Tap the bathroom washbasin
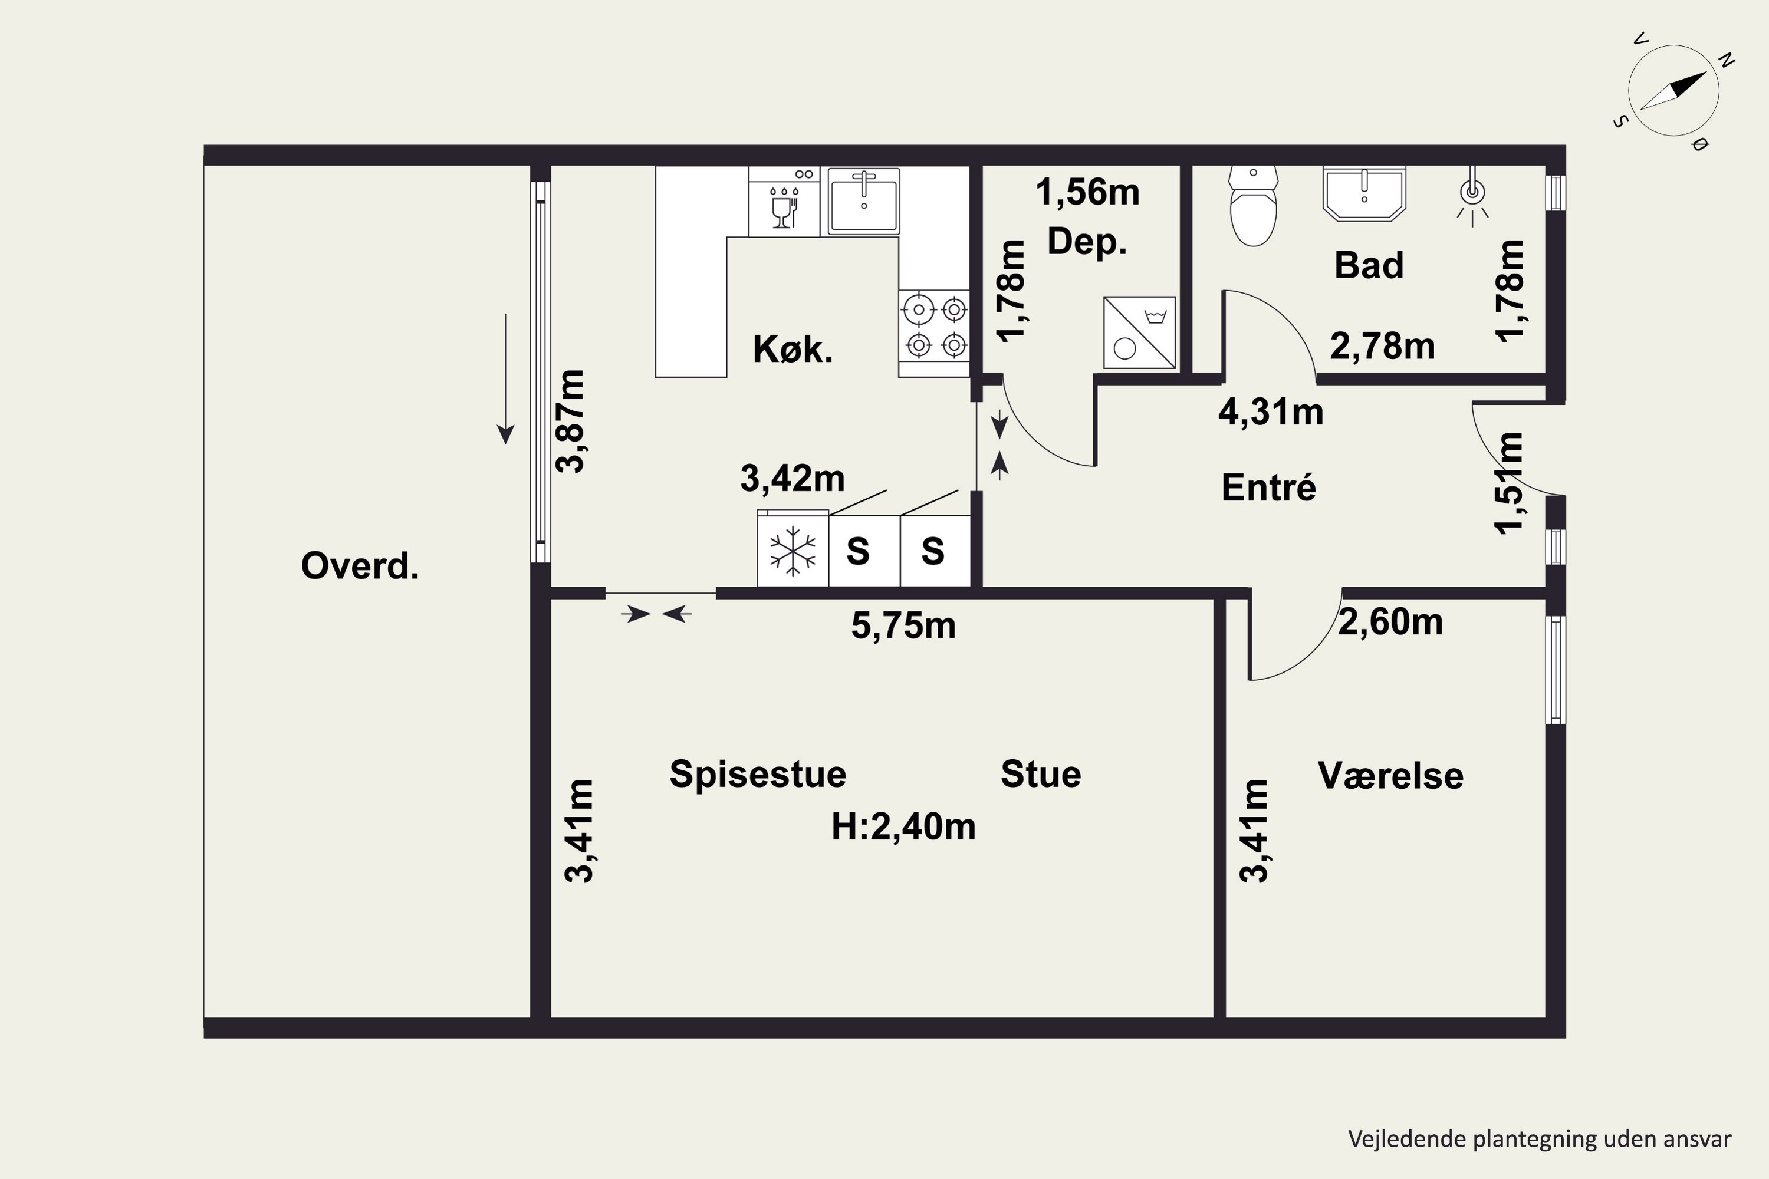1364,194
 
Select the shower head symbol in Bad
1472,202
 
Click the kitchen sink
863,202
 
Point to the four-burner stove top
934,327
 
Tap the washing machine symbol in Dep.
1139,332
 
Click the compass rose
1674,91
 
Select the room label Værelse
1390,776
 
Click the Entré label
1269,488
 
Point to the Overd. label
360,566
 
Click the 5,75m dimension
903,625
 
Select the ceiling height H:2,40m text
903,827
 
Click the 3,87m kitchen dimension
570,421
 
